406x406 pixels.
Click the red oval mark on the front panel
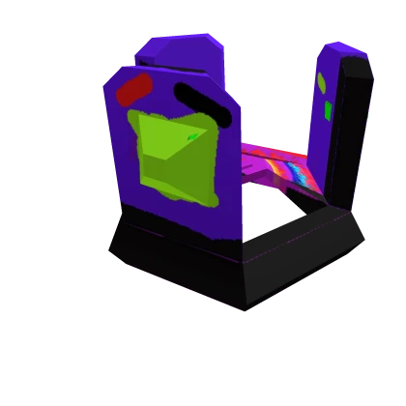coord(134,91)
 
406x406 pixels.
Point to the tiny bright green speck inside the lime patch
coord(192,136)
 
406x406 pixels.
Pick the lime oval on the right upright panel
coord(321,81)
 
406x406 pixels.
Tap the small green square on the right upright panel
coord(328,110)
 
